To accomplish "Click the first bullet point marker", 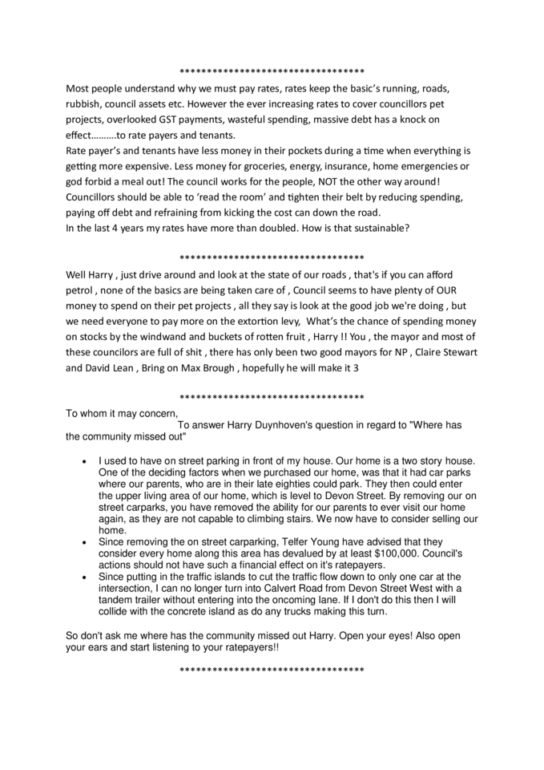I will [x=86, y=462].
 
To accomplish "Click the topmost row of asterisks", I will [x=272, y=70].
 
